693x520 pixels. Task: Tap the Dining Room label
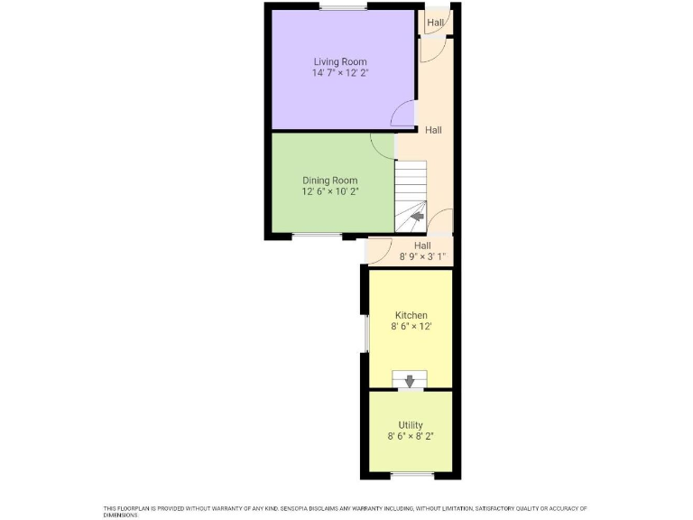[329, 180]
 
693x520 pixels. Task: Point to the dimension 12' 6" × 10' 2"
[329, 191]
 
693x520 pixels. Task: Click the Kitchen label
[410, 315]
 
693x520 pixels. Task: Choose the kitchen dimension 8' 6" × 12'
[410, 327]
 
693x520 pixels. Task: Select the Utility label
[411, 425]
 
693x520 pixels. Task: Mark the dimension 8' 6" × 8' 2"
[411, 437]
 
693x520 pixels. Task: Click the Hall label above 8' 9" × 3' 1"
[422, 246]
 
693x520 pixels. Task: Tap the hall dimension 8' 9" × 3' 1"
[422, 257]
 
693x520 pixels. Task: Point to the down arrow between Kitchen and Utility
[411, 380]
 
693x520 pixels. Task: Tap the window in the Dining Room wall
[316, 237]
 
